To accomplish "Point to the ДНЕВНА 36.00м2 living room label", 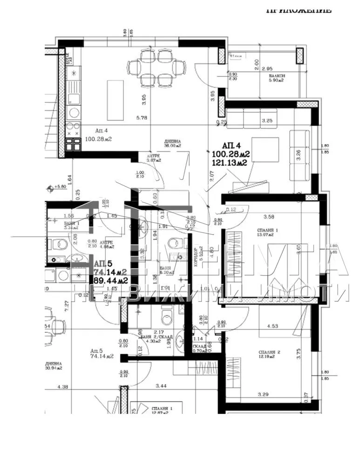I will (172, 143).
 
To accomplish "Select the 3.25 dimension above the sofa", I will (267, 121).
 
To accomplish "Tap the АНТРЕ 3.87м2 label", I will (153, 158).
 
